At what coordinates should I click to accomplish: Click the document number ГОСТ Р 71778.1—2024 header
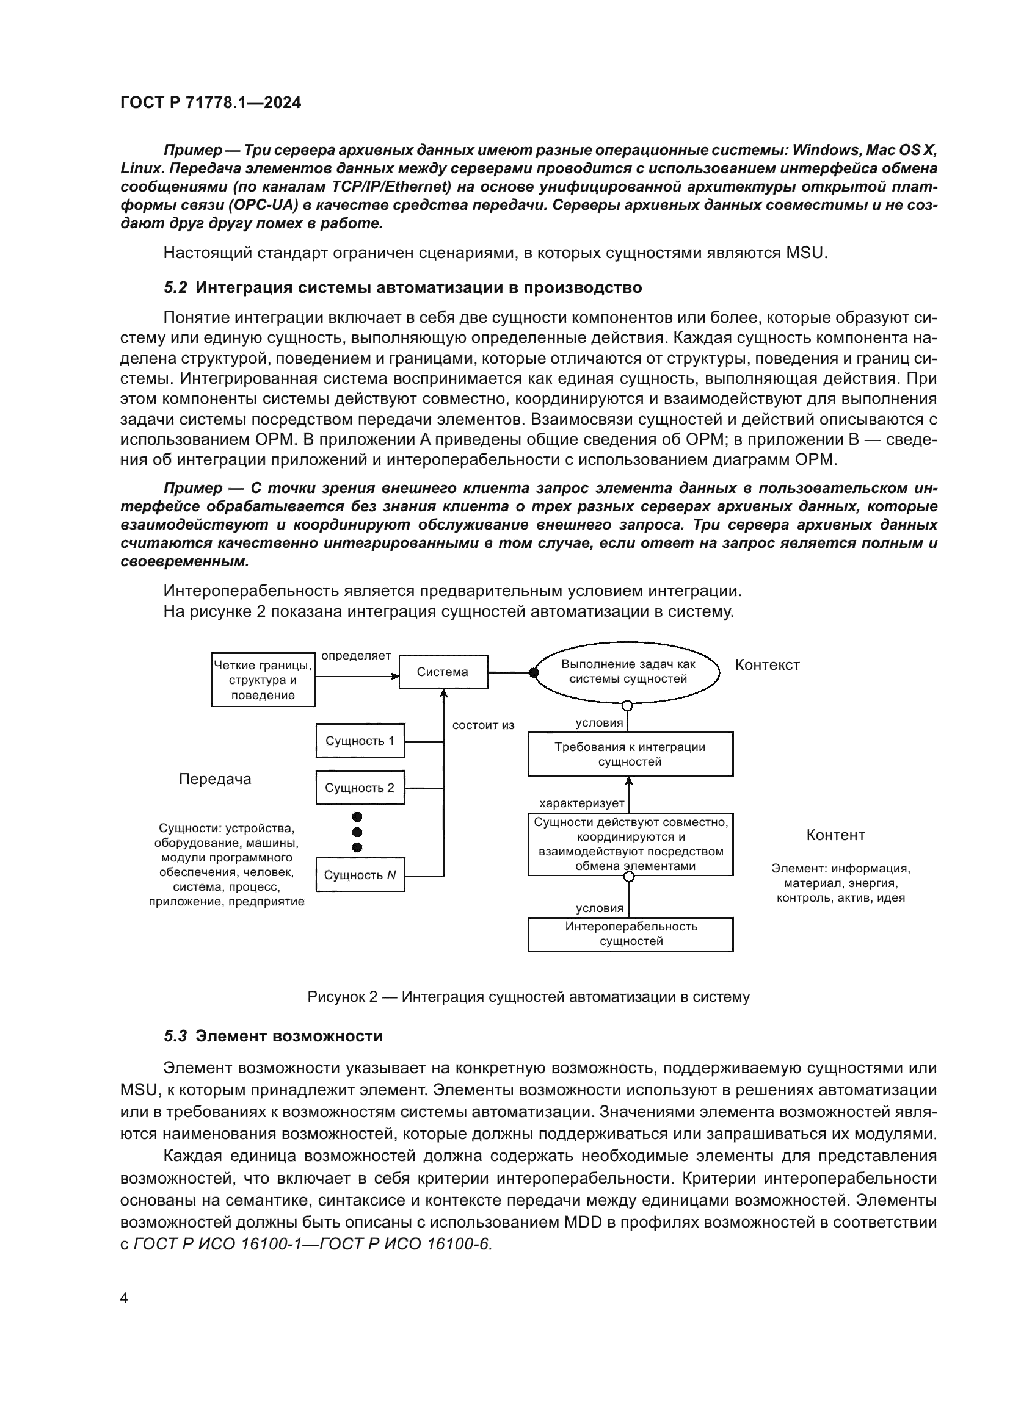210,102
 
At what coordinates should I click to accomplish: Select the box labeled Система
443,672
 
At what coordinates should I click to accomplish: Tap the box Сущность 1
360,740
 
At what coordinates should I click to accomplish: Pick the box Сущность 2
360,788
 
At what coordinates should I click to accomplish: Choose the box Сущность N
360,874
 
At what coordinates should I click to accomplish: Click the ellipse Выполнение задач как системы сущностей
628,672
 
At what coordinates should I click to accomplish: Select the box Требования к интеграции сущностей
630,754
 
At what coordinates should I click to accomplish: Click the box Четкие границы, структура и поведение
263,680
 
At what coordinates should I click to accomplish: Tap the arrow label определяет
356,656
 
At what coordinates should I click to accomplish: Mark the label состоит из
483,725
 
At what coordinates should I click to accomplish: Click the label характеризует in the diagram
581,803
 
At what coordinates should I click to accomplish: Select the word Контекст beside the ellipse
767,665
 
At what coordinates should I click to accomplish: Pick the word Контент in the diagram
835,835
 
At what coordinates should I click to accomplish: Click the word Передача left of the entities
215,779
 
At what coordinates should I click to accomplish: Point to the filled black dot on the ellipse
533,672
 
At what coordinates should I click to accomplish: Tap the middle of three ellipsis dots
357,832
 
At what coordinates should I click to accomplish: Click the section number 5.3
175,1036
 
